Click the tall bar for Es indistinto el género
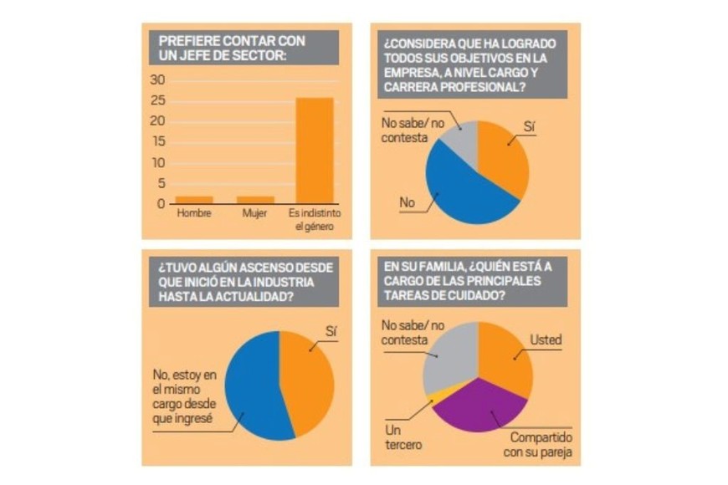pos(315,151)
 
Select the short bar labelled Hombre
pos(193,200)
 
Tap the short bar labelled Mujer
pos(254,200)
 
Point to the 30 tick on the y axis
pos(158,80)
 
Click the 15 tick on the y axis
pos(158,142)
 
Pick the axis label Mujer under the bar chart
pos(254,213)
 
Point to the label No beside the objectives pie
pos(408,202)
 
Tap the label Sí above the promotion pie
pos(331,331)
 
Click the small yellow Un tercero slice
pos(433,397)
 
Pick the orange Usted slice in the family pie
pos(506,360)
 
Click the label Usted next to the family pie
pos(545,340)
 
